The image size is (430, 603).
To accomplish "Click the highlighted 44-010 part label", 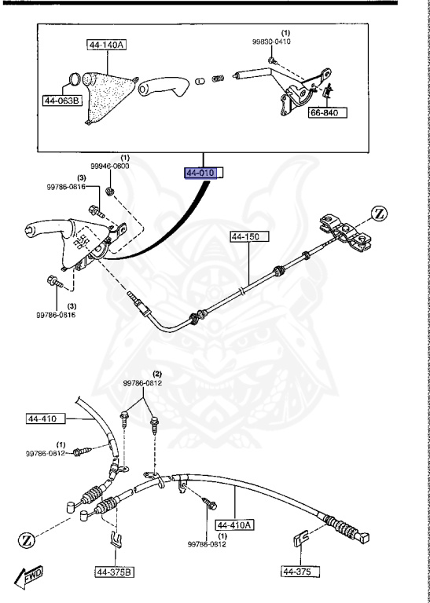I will click(204, 172).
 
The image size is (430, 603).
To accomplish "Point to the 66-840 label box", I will click(328, 112).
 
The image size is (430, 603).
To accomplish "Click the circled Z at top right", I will click(380, 212).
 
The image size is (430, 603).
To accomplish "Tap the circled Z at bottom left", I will click(27, 540).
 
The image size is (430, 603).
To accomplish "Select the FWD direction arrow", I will click(31, 578).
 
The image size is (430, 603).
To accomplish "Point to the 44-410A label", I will click(236, 525).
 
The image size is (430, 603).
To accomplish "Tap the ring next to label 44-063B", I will click(71, 80).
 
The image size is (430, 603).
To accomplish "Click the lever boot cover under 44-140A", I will click(107, 91).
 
